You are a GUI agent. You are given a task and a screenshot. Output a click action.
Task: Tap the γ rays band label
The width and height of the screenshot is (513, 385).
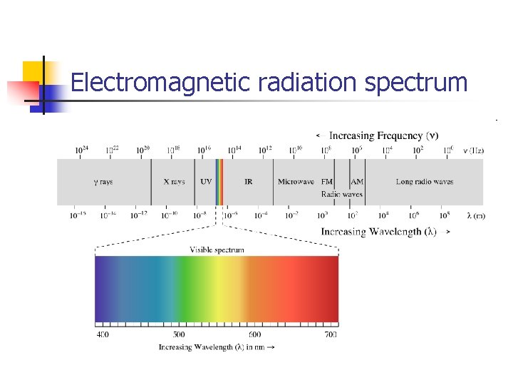click(103, 182)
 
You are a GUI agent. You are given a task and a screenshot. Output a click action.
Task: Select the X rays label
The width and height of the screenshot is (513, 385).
click(174, 182)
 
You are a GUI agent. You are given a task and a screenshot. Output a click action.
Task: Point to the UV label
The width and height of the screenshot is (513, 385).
click(206, 182)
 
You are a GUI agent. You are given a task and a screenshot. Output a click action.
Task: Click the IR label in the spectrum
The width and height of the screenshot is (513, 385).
click(248, 182)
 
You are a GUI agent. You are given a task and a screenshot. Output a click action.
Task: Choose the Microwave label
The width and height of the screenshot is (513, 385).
click(296, 182)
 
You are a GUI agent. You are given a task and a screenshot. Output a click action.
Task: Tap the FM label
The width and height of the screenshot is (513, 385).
click(327, 182)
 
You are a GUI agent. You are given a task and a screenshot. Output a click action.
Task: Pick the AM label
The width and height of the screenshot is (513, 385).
click(357, 182)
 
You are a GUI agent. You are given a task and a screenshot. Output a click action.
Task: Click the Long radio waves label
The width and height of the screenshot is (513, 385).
click(425, 182)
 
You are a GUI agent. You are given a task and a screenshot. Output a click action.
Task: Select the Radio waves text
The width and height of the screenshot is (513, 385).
click(342, 194)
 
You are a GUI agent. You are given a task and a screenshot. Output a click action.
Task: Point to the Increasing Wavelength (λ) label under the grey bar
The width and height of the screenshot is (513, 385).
click(378, 232)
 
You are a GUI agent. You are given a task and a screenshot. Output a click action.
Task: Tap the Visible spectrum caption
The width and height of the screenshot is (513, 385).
click(217, 250)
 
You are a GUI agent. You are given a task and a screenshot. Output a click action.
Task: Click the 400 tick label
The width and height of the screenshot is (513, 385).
click(103, 334)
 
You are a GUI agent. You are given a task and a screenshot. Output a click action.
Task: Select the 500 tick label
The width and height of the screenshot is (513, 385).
click(179, 334)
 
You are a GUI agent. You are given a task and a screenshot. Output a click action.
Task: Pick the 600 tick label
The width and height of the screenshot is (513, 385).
click(254, 334)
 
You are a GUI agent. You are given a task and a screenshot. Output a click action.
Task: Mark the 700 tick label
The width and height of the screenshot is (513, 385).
click(330, 334)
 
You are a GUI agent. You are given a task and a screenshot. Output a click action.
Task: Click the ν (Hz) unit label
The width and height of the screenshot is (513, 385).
click(474, 150)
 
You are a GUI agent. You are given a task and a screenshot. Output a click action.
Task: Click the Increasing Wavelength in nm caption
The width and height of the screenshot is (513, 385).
click(216, 347)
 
